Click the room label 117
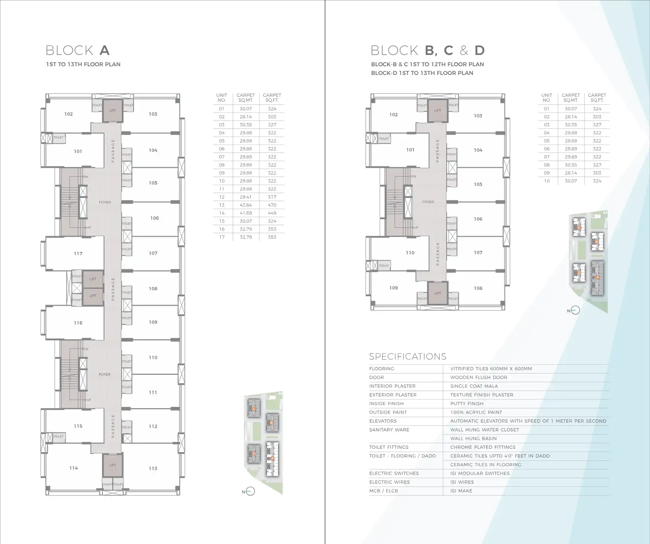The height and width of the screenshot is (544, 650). [78, 254]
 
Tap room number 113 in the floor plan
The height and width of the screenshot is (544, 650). [153, 469]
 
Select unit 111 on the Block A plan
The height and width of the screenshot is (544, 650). [153, 393]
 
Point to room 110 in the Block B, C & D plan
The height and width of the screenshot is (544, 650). [410, 253]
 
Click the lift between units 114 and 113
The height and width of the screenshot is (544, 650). [113, 466]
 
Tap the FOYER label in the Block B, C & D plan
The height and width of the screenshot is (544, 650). [428, 202]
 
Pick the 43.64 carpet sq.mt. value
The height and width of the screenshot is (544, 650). [246, 205]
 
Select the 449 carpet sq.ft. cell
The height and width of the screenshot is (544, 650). [272, 213]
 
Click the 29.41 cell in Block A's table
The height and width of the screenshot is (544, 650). [246, 197]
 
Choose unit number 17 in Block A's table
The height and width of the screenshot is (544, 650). [222, 237]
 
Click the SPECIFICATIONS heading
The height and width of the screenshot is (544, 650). [407, 357]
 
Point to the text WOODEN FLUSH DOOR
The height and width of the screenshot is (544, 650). [479, 378]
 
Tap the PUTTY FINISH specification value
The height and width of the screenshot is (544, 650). [467, 404]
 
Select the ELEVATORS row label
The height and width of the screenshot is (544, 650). [383, 421]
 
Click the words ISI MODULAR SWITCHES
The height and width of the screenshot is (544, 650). [480, 474]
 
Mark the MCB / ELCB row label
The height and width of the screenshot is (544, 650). [383, 491]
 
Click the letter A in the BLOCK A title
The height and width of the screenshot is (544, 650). [104, 50]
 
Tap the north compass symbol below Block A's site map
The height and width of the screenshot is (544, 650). [250, 492]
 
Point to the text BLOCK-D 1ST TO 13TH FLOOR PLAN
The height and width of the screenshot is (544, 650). [422, 73]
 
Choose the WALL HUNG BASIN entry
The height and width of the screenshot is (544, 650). [473, 439]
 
